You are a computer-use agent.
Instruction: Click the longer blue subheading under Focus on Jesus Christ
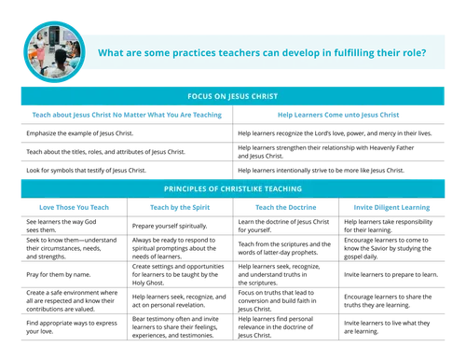(127, 117)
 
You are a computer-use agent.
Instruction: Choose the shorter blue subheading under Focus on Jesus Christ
(339, 117)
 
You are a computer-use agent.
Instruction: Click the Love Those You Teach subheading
(75, 207)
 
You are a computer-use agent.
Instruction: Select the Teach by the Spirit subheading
(180, 207)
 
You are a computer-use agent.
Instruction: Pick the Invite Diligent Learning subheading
(391, 207)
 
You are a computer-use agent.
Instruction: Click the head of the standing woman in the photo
(39, 35)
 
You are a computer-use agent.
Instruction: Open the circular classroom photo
(51, 49)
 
